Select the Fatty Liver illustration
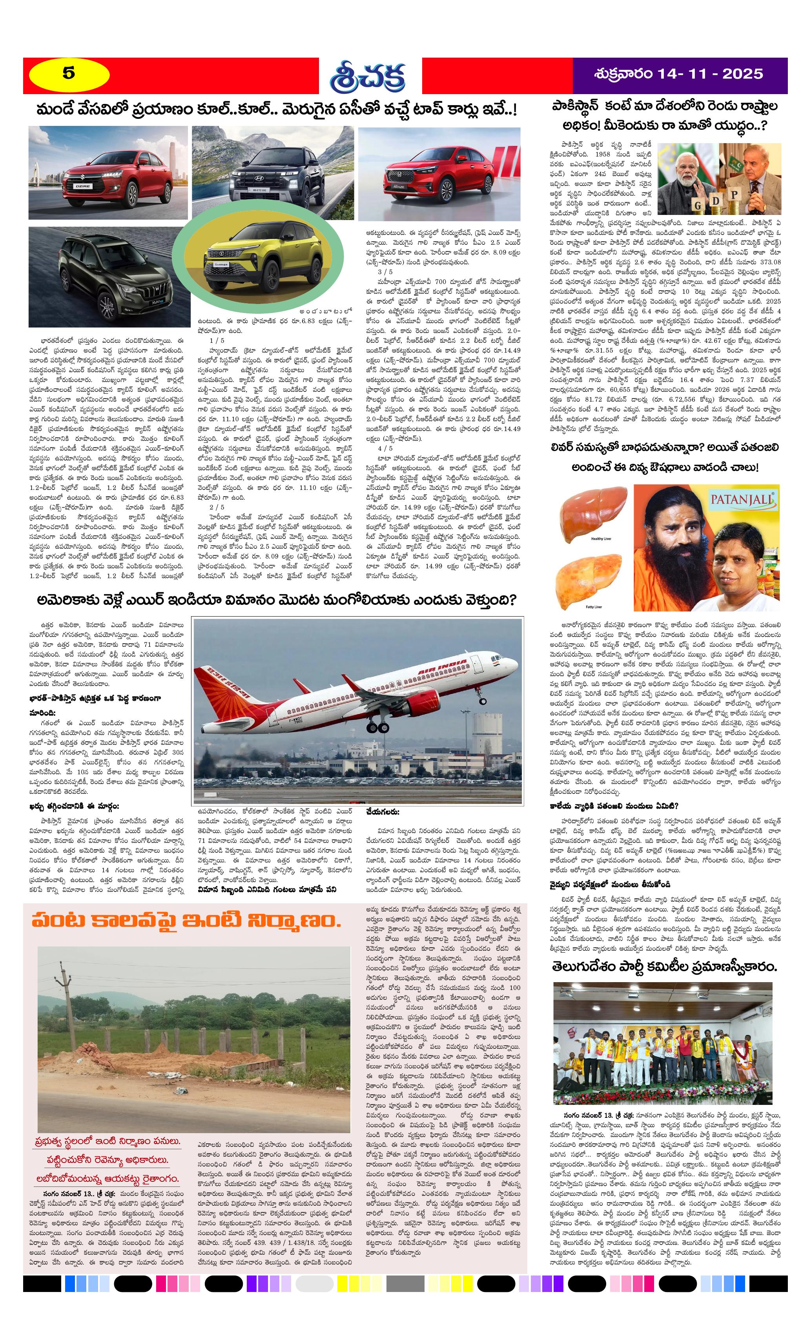coord(594,579)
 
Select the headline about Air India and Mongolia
coord(276,600)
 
